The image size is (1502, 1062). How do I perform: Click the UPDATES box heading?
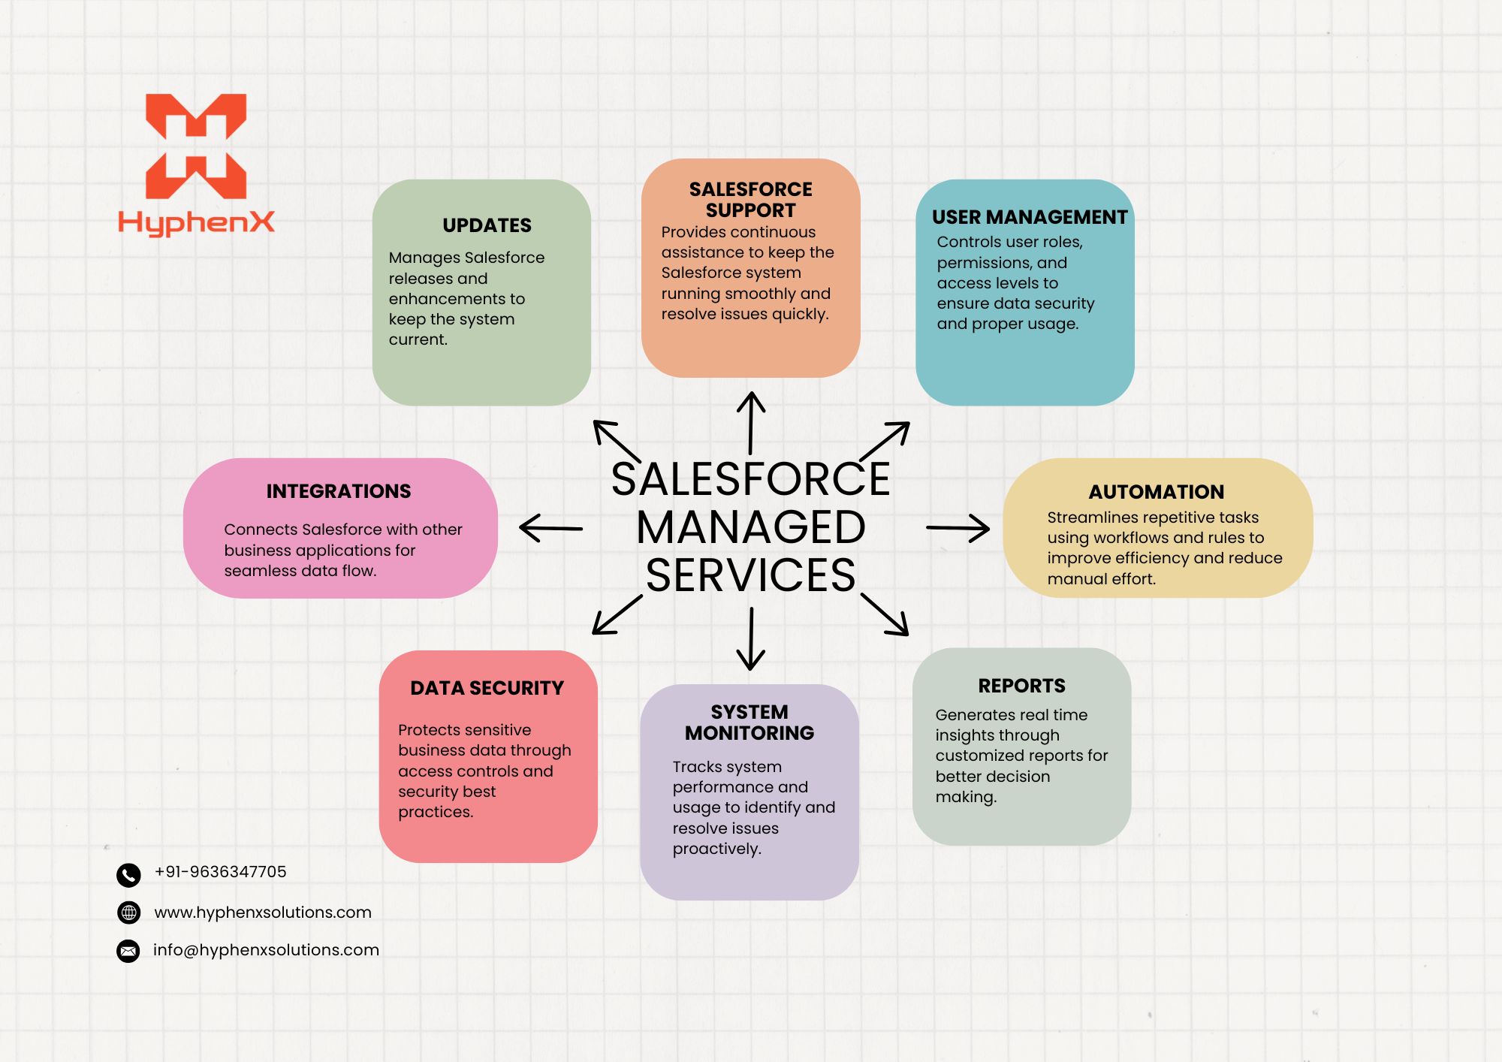tap(487, 225)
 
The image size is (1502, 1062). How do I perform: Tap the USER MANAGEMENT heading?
tap(1030, 217)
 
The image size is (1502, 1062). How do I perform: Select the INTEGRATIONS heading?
tap(339, 491)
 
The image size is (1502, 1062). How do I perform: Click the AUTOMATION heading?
tap(1157, 492)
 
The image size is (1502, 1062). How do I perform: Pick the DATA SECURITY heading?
tap(487, 688)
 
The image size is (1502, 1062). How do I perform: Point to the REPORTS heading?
tap(1021, 686)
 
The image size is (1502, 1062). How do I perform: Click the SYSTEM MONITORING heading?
tap(749, 723)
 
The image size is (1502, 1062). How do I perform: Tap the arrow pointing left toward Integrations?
tap(550, 528)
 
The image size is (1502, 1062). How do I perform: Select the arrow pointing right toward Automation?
tap(958, 528)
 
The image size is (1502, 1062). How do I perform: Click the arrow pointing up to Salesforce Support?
tap(751, 422)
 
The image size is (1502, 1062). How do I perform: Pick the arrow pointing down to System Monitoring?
tap(751, 638)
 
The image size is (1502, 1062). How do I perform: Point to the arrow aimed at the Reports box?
tap(885, 614)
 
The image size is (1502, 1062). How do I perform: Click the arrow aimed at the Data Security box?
tap(617, 614)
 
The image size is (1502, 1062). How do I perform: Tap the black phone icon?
tap(128, 874)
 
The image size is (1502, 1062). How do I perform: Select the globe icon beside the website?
tap(129, 913)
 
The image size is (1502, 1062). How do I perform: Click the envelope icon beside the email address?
tap(128, 951)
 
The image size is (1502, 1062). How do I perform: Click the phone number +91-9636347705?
tap(220, 872)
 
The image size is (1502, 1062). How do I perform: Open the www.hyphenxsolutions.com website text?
tap(263, 913)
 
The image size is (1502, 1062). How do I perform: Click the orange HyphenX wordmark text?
tap(196, 222)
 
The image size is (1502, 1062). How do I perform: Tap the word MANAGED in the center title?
tap(751, 527)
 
